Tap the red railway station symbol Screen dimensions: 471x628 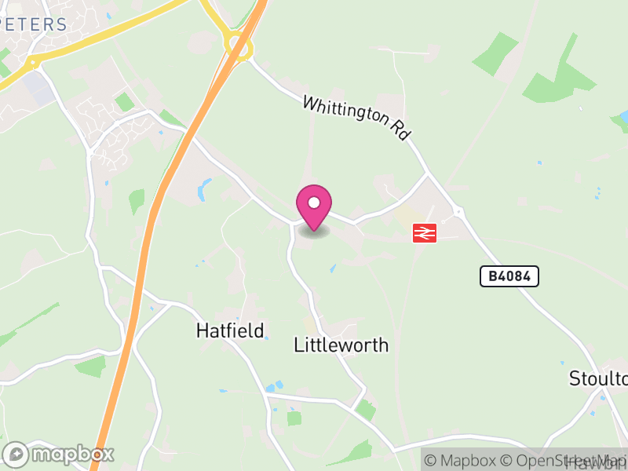click(x=425, y=233)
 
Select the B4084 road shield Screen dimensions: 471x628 click(x=509, y=276)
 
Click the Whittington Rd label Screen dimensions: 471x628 click(x=357, y=118)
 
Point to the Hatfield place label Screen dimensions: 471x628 click(x=229, y=330)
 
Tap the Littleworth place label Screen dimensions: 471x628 click(x=341, y=345)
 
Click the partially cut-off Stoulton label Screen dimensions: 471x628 click(x=599, y=379)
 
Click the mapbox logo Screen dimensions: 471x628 click(x=60, y=454)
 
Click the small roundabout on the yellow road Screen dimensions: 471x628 click(x=32, y=62)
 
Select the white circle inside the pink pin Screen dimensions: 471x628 click(x=314, y=202)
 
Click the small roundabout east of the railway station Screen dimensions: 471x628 click(x=458, y=212)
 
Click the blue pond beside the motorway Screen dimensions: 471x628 click(x=205, y=188)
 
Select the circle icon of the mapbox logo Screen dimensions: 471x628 click(x=16, y=454)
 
